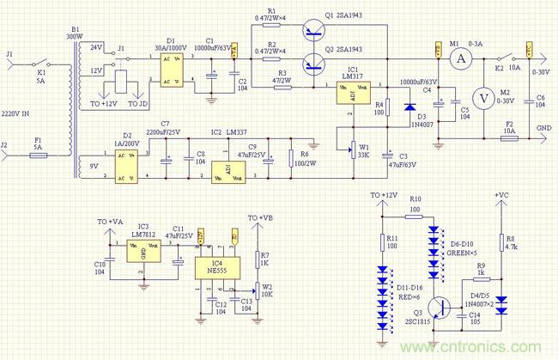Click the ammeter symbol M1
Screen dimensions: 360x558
458,59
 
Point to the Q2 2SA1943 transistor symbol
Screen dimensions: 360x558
313,61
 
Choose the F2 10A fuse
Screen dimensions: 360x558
509,137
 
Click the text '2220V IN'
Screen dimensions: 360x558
18,113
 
